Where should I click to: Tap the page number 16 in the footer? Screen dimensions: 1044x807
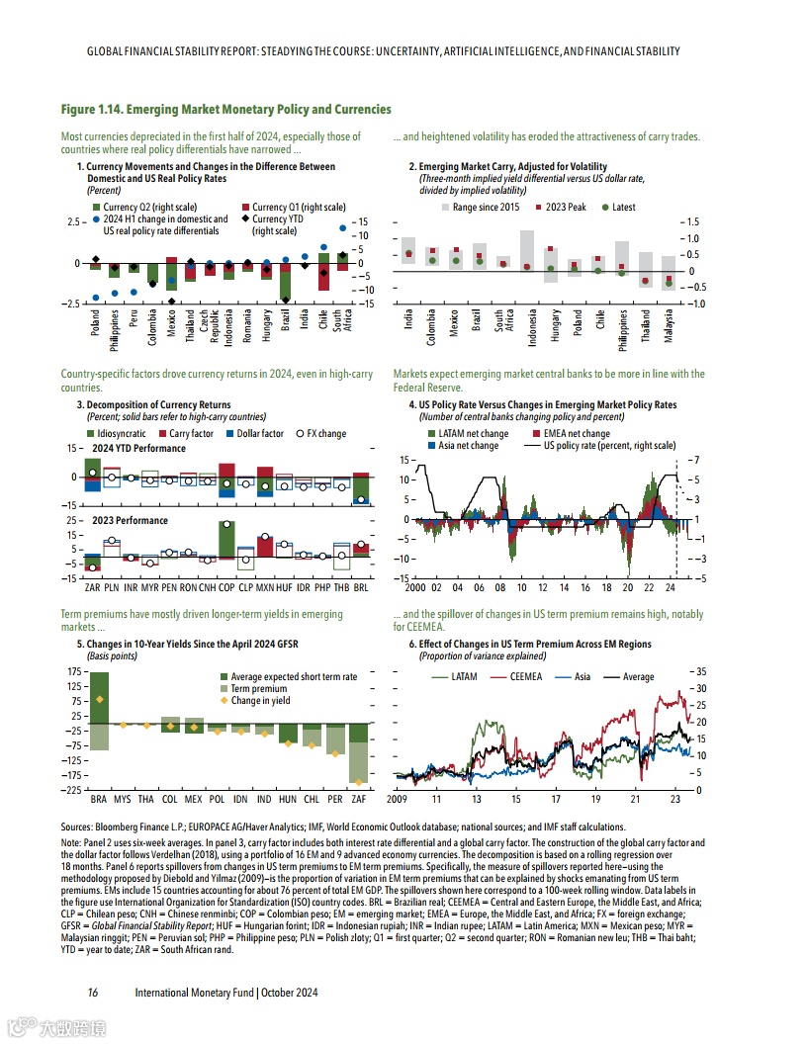(92, 992)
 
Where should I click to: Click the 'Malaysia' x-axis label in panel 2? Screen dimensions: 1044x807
(670, 324)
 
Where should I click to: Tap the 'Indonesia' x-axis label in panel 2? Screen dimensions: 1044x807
(532, 326)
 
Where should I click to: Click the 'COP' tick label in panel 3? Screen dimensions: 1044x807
(225, 587)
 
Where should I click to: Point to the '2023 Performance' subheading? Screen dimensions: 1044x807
(131, 521)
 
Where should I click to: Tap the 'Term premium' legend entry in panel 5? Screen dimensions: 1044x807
(259, 689)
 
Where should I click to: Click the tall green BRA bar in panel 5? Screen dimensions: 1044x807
(99, 698)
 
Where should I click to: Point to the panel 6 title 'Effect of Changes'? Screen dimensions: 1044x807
(535, 645)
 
